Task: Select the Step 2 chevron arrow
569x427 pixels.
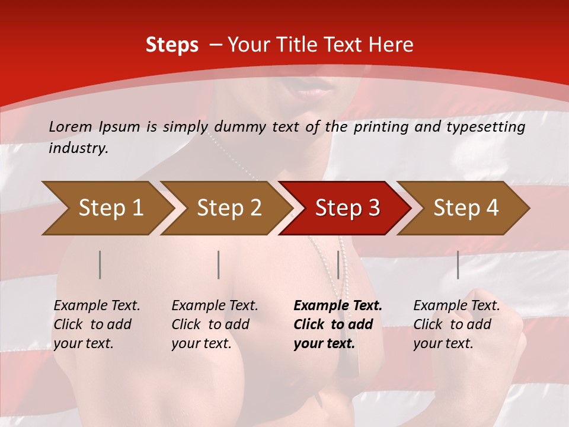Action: [225, 208]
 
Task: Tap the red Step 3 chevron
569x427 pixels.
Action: [344, 208]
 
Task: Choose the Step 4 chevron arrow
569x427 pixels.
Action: [463, 208]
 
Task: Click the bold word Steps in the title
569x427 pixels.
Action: [172, 44]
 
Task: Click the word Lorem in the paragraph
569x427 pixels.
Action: [71, 126]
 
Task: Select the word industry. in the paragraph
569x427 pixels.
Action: [78, 148]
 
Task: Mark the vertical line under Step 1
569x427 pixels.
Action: [100, 265]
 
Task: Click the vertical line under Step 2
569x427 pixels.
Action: [219, 265]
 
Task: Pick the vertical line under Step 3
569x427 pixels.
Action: [338, 265]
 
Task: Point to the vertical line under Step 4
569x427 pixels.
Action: [458, 265]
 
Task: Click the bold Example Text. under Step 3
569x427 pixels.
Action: [338, 306]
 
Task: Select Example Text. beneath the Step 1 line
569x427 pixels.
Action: [97, 306]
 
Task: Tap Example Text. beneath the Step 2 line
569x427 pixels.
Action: [215, 306]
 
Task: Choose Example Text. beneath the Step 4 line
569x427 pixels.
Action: [456, 306]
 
